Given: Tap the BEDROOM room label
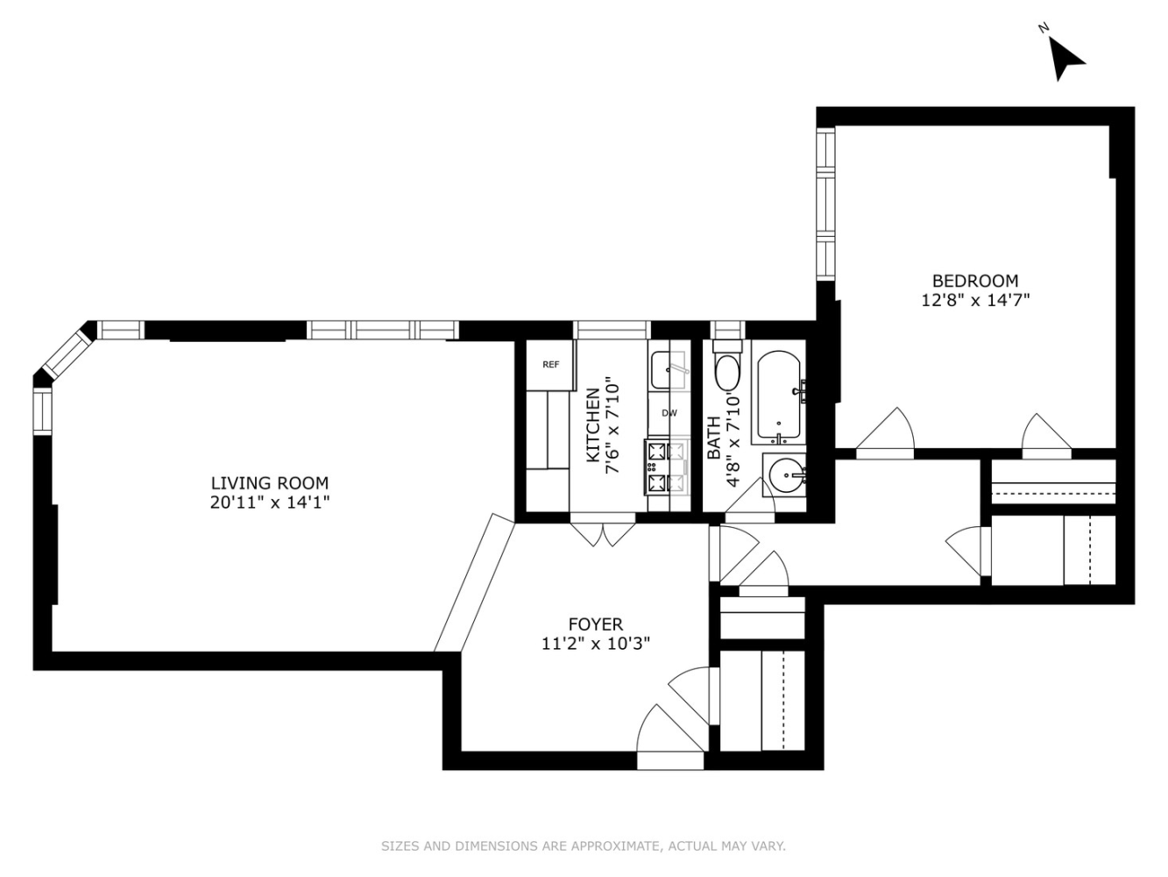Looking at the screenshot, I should (974, 281).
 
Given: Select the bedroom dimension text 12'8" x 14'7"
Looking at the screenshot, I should (974, 300).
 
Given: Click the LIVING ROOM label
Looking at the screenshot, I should (270, 483).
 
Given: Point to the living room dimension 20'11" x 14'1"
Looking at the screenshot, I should (270, 503).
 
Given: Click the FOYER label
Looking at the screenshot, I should (595, 624).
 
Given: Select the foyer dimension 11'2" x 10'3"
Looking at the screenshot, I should (595, 644).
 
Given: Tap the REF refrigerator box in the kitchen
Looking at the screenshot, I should (550, 365).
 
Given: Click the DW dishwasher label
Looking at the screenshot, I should (669, 413).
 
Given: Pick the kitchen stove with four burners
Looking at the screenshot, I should (666, 467).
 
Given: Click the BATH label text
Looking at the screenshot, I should (715, 438).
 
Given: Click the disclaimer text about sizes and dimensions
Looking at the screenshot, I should (583, 846).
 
